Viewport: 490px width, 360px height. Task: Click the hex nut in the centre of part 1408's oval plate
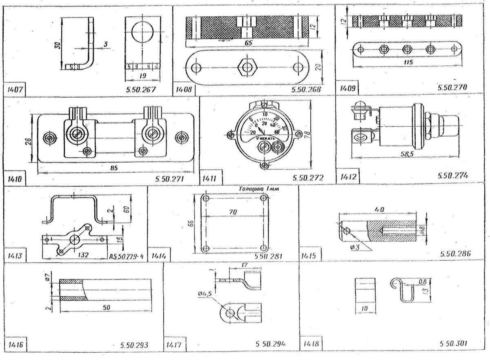(x=247, y=67)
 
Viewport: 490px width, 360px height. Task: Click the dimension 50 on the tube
(x=105, y=307)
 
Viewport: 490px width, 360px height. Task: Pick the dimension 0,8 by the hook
(x=422, y=282)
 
